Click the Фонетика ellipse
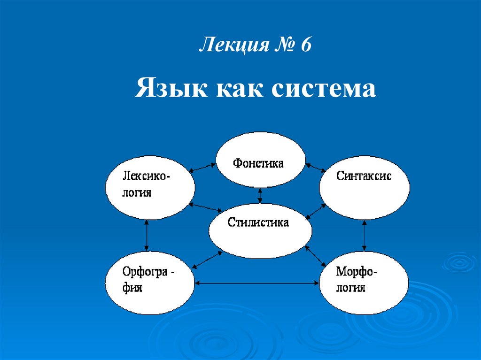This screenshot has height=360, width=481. click(260, 159)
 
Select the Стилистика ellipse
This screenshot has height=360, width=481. click(260, 230)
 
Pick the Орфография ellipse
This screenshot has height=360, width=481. click(150, 282)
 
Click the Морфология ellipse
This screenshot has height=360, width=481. click(364, 282)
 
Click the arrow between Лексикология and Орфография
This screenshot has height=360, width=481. click(147, 236)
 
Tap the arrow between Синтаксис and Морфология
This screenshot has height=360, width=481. click(364, 236)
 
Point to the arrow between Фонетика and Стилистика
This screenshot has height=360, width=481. click(260, 195)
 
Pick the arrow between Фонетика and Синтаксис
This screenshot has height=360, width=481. click(316, 168)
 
